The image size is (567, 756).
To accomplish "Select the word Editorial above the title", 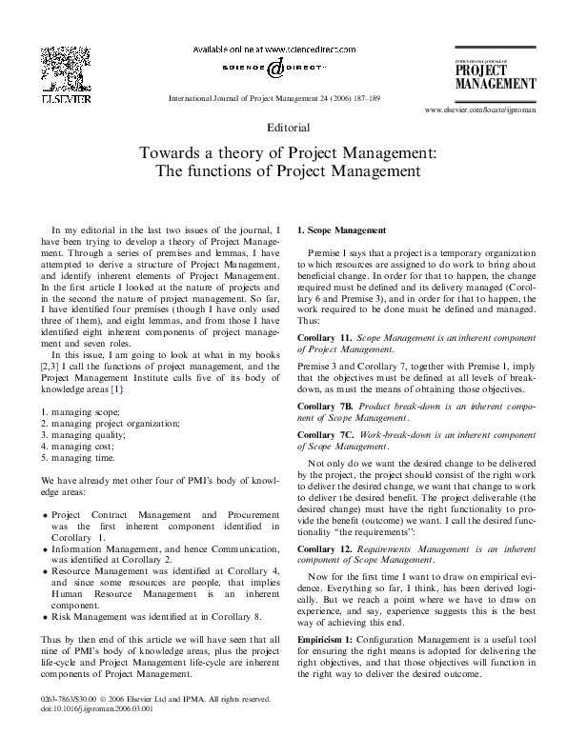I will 283,127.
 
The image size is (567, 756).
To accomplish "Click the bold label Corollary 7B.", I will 328,407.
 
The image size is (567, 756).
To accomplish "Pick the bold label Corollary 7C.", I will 328,434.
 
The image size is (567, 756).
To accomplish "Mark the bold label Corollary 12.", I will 325,549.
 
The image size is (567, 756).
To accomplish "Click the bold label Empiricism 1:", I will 331,639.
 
